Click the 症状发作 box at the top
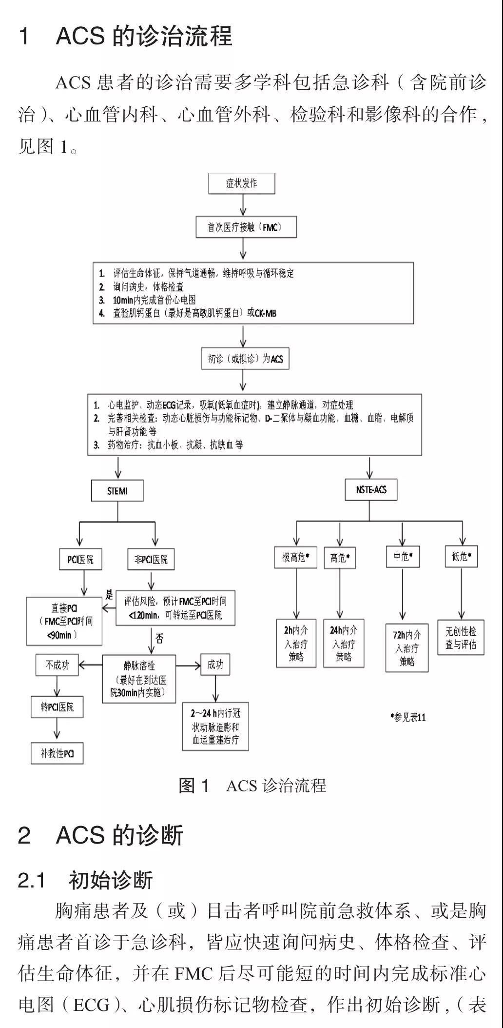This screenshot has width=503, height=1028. coord(242,183)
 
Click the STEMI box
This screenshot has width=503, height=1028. coord(117,490)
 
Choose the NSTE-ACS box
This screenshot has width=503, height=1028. coord(371,489)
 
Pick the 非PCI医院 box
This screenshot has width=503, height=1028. coord(151,559)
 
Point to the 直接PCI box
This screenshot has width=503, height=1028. coord(64,621)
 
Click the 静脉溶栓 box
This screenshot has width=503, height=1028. coord(139,679)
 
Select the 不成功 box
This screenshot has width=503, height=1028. coord(57,665)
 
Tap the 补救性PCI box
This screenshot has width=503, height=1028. coord(58,753)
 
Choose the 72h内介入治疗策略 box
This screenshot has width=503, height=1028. coord(407,648)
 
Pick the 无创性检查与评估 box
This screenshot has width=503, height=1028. coord(461,638)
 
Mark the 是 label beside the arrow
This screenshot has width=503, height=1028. coord(109,595)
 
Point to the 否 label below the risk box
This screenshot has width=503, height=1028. coord(159,638)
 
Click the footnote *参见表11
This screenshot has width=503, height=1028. coord(408,717)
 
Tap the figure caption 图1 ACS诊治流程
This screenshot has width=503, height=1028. coord(252,786)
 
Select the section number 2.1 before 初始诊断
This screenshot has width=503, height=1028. coord(32,881)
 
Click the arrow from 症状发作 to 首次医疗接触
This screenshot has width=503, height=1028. coord(242,204)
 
